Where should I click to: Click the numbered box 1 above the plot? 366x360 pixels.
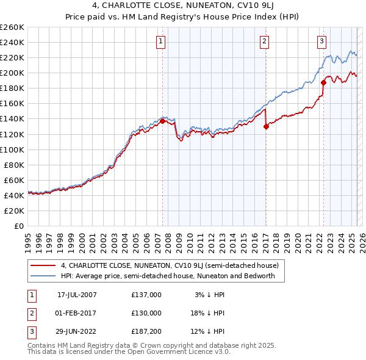coord(160,41)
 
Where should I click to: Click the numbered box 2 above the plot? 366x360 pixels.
coord(264,41)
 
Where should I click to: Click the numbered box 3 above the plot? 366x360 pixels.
coord(321,41)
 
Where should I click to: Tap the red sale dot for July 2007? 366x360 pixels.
coord(163,121)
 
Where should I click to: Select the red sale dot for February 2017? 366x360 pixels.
coord(266,126)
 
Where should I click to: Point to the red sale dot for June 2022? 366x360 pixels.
coord(323,83)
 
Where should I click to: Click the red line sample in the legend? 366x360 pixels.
coord(43,266)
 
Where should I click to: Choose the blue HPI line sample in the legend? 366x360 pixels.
coord(43,276)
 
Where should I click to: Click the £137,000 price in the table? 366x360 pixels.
coord(146,295)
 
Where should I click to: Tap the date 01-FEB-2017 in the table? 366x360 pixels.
coord(76,313)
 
